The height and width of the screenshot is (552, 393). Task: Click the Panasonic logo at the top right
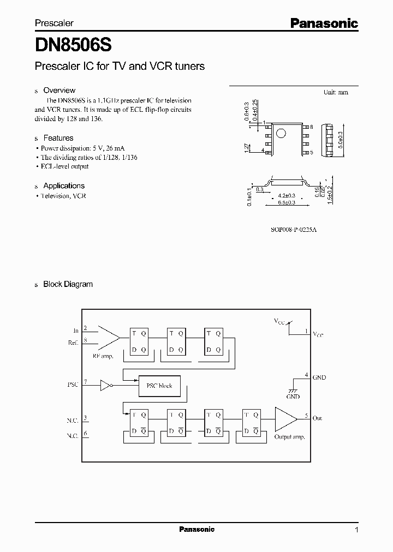324,23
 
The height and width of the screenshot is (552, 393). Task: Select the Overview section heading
59,91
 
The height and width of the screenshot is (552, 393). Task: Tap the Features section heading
58,138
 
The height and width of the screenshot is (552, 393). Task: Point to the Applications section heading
64,185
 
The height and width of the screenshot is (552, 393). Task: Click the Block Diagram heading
68,284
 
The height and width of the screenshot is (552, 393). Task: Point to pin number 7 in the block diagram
86,382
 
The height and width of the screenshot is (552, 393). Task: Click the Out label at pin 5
317,418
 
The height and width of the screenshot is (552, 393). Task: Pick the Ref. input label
73,343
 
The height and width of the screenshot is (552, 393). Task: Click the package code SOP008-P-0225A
294,230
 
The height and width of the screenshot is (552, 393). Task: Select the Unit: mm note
336,92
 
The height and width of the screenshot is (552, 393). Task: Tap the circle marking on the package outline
281,133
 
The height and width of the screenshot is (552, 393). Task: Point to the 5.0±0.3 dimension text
341,140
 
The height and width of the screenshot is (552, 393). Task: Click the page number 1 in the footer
356,530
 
